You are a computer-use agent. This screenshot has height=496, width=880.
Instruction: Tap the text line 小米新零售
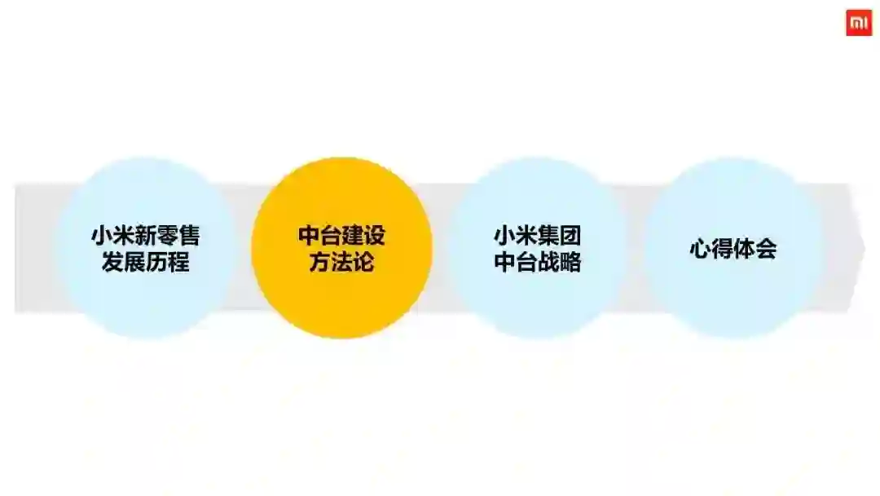(x=146, y=236)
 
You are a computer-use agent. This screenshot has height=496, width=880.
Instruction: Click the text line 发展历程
(x=146, y=263)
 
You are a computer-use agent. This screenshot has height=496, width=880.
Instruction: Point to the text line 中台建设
(x=341, y=236)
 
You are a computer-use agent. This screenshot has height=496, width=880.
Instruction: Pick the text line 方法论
(x=341, y=263)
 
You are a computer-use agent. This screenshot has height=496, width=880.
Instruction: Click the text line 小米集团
(x=538, y=236)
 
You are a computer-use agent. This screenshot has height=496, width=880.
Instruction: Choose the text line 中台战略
(x=538, y=263)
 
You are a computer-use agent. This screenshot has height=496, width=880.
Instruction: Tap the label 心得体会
(x=733, y=249)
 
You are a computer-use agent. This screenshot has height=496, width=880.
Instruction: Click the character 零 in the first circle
(x=167, y=236)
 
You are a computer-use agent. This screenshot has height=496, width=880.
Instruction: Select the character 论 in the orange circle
(x=363, y=263)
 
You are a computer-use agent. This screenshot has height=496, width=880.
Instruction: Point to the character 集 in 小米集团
(x=548, y=236)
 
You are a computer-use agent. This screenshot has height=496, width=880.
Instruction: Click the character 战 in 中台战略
(x=548, y=263)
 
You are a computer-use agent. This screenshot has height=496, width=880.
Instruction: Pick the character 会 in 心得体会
(x=766, y=249)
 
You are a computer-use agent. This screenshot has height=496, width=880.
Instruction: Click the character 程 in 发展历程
(x=178, y=263)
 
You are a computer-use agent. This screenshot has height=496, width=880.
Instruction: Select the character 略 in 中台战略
(x=570, y=263)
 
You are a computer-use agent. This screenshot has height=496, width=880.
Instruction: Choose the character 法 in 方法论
(x=341, y=263)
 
